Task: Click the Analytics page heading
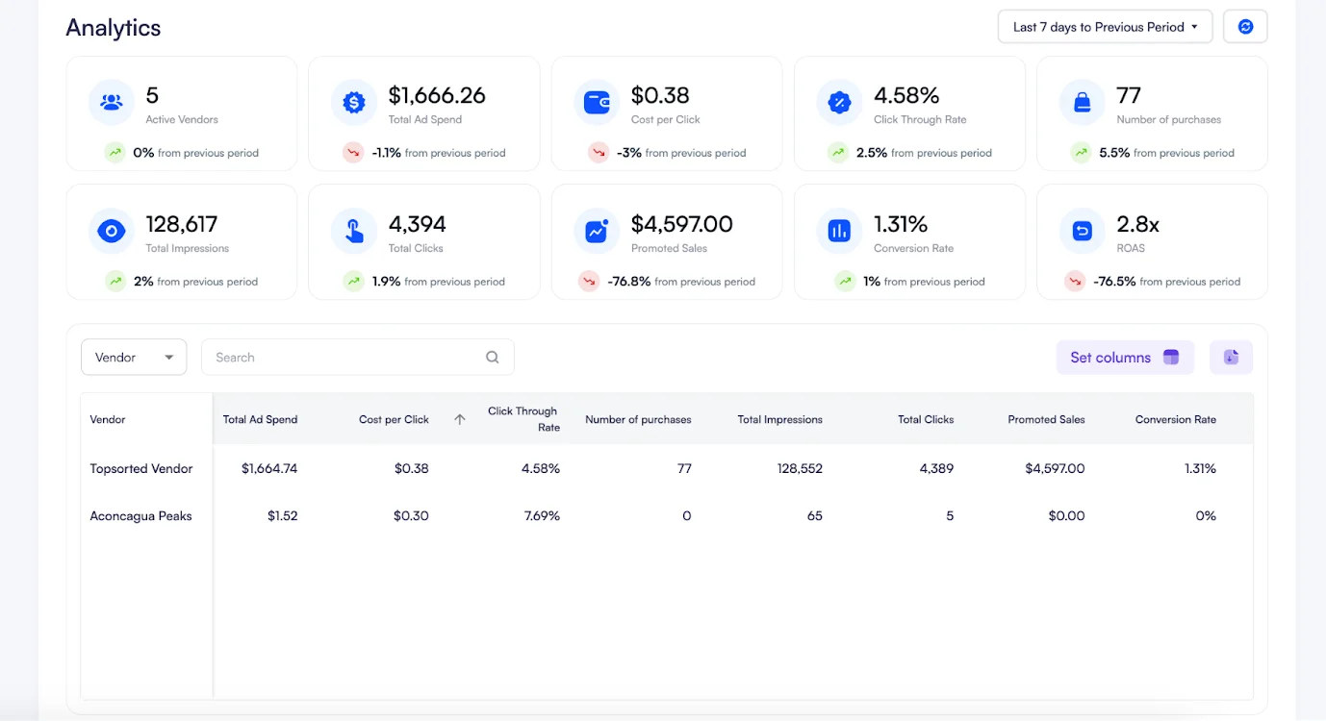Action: [114, 28]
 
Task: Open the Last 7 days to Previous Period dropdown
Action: [1104, 27]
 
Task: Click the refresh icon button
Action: [1245, 27]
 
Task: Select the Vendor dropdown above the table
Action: [134, 358]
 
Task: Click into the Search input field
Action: [346, 358]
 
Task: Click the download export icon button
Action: [1231, 358]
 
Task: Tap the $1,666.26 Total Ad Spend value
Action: [437, 95]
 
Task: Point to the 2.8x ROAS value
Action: [1137, 224]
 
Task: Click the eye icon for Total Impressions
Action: [112, 232]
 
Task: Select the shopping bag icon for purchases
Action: [1083, 103]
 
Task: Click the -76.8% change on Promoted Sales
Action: [629, 282]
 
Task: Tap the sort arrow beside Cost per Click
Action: [460, 419]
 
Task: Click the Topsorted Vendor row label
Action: [141, 469]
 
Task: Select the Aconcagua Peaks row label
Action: [141, 516]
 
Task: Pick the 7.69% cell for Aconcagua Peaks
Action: [542, 516]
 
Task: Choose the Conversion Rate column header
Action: [1175, 419]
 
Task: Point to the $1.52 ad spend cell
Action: [283, 516]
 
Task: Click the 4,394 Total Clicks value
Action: [417, 224]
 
